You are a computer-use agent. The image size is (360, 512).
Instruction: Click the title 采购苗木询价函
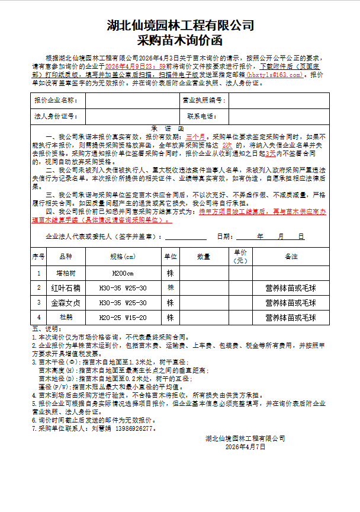pos(179,41)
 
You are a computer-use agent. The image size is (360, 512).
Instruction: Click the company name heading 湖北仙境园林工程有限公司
pos(180,25)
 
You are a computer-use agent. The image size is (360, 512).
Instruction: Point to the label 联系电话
pos(202,116)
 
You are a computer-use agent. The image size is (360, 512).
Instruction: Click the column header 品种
pos(66,257)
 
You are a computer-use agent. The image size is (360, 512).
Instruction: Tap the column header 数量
pos(204,257)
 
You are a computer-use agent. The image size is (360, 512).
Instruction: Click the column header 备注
pos(291,257)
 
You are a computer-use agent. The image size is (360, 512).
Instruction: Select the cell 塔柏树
pos(66,273)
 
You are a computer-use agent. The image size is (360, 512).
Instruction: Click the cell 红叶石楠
pos(66,288)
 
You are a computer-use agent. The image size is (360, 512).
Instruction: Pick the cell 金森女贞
pos(66,303)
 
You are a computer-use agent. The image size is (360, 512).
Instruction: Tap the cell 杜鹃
pos(66,318)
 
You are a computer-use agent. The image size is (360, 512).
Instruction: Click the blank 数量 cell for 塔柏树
pos(204,273)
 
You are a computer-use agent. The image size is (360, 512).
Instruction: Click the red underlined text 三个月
pos(195,136)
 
